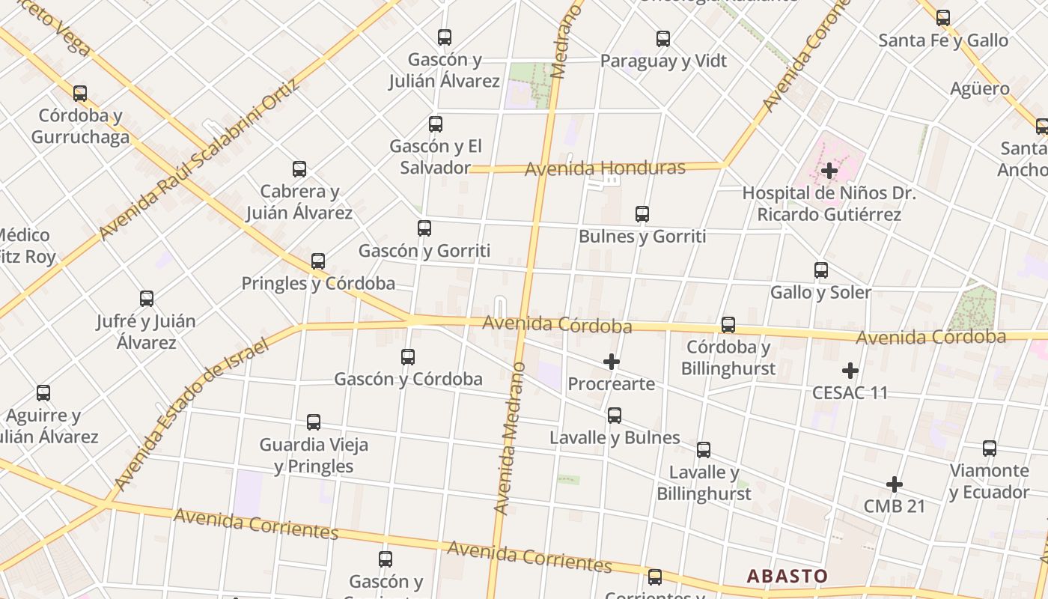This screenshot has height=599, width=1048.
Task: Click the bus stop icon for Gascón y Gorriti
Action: (x=424, y=228)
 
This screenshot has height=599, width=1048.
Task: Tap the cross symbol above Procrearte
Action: (x=612, y=362)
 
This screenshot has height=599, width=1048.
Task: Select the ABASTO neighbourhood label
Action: (x=787, y=576)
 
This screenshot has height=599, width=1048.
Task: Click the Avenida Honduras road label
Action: (x=605, y=168)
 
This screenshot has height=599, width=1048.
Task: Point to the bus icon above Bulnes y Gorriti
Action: (x=642, y=214)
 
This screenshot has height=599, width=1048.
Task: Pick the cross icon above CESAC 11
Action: (x=850, y=371)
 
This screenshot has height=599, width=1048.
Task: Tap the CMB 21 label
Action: (x=895, y=506)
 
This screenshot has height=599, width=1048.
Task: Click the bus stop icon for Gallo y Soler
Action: (x=821, y=270)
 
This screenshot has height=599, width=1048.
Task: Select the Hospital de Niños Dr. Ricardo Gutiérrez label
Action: (x=829, y=204)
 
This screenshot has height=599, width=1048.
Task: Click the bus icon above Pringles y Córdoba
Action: (x=318, y=261)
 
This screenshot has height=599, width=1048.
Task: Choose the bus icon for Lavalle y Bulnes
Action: (x=615, y=416)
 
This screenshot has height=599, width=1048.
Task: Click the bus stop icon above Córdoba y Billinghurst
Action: (x=728, y=325)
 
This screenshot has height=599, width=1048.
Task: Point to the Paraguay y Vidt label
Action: (x=663, y=61)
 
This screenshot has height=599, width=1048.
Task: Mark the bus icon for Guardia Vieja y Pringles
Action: (x=314, y=422)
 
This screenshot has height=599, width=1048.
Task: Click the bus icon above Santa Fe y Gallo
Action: (x=943, y=18)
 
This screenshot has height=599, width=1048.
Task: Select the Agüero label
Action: (x=980, y=88)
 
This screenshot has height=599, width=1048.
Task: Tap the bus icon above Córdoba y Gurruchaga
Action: (x=80, y=94)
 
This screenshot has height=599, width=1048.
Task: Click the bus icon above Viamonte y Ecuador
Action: (x=990, y=449)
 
